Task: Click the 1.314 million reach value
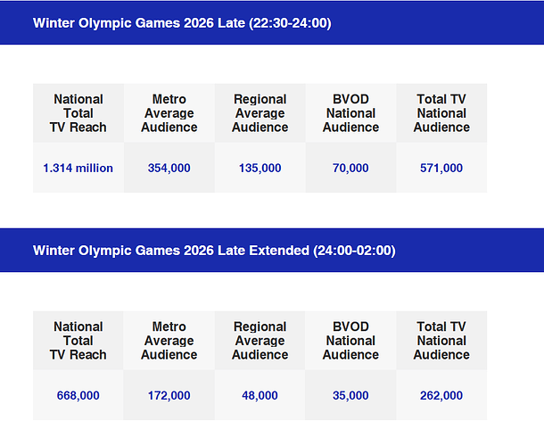[78, 168]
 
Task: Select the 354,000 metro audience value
[169, 168]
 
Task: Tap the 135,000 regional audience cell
[260, 168]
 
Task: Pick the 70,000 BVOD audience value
[350, 168]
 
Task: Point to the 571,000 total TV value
[441, 168]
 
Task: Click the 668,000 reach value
[78, 395]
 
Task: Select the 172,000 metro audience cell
[169, 395]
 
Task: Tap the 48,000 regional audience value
[260, 395]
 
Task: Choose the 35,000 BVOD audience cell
[350, 395]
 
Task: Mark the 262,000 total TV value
[441, 395]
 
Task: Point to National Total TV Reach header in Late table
[78, 113]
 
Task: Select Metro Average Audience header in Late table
[169, 113]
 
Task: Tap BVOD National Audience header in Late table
[350, 113]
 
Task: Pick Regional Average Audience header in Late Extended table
[260, 341]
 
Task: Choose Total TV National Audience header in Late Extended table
[441, 341]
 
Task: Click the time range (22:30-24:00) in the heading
[287, 23]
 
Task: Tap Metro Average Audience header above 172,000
[169, 341]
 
